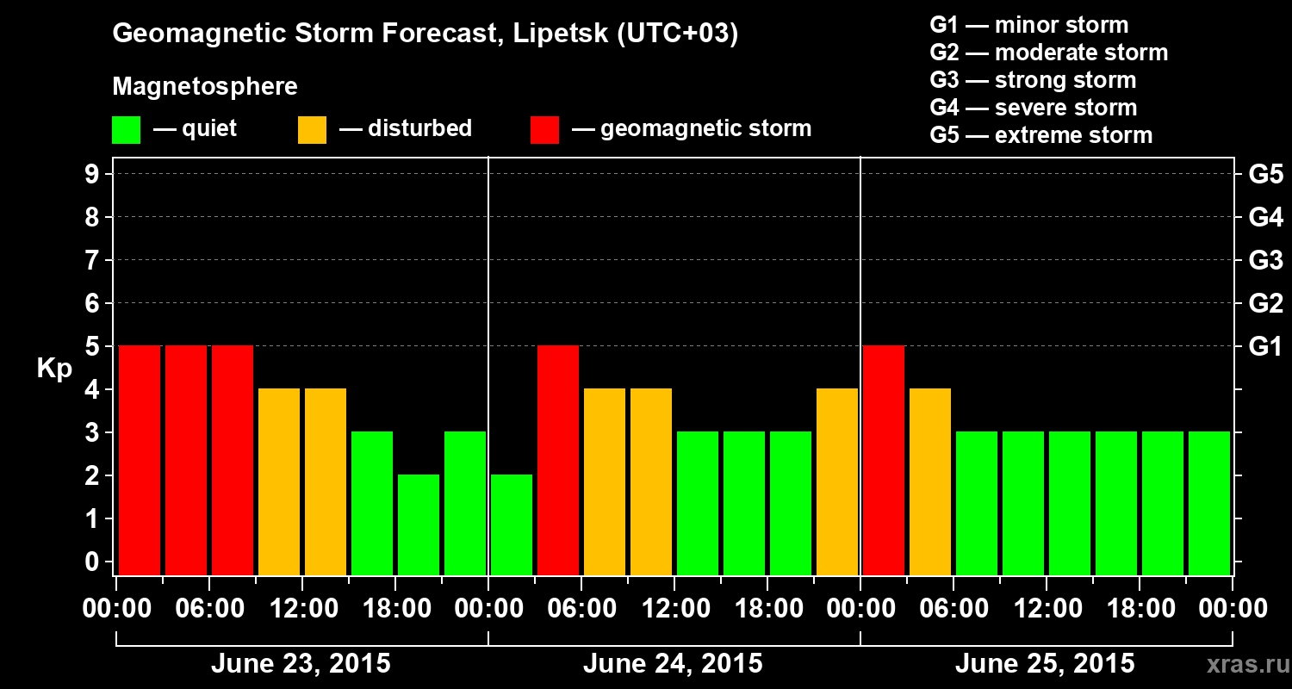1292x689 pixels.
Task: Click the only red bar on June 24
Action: click(x=558, y=460)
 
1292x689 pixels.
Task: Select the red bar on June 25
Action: click(x=884, y=460)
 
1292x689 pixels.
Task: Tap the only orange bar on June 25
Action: click(x=930, y=481)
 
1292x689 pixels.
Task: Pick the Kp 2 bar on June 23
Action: click(x=419, y=525)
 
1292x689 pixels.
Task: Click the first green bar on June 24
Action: click(x=512, y=525)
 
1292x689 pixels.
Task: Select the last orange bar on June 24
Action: click(x=837, y=481)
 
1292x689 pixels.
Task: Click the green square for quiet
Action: click(x=126, y=130)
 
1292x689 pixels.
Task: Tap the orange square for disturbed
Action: click(x=312, y=130)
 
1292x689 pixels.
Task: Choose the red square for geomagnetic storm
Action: click(x=544, y=130)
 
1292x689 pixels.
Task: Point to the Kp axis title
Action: click(x=54, y=369)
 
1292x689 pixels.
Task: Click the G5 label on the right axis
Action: click(x=1265, y=175)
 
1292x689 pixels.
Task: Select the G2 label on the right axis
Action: click(x=1265, y=304)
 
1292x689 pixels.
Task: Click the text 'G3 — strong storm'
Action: click(x=1033, y=80)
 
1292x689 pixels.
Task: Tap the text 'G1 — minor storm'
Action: click(x=1028, y=25)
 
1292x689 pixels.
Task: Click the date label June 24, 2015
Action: click(x=673, y=664)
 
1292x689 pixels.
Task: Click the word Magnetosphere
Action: click(x=205, y=87)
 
